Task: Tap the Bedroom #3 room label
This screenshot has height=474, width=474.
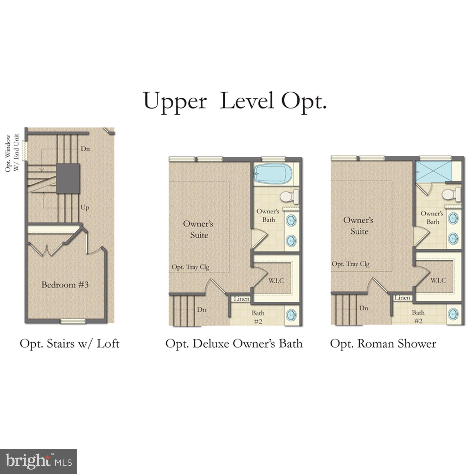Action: click(65, 285)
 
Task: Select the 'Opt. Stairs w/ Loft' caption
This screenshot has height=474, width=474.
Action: click(70, 344)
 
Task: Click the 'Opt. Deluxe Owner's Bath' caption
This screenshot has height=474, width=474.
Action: click(234, 344)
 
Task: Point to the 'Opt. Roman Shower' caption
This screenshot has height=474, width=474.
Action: click(383, 344)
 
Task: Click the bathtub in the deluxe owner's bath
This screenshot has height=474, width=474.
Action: click(272, 174)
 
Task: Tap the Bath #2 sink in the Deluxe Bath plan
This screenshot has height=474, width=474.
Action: click(291, 315)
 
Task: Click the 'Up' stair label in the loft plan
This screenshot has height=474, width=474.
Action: click(85, 208)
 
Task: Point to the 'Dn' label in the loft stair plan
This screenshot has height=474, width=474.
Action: click(85, 149)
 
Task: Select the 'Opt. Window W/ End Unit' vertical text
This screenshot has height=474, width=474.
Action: click(12, 153)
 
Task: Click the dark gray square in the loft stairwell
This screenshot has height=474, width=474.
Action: click(68, 179)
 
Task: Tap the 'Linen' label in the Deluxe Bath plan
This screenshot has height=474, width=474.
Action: click(242, 299)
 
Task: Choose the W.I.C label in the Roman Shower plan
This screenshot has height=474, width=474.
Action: click(438, 280)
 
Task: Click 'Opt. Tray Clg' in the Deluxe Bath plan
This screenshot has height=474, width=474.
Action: click(190, 267)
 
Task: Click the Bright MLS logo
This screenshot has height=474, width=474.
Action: click(38, 461)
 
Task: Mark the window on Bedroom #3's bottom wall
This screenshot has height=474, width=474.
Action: click(73, 321)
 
